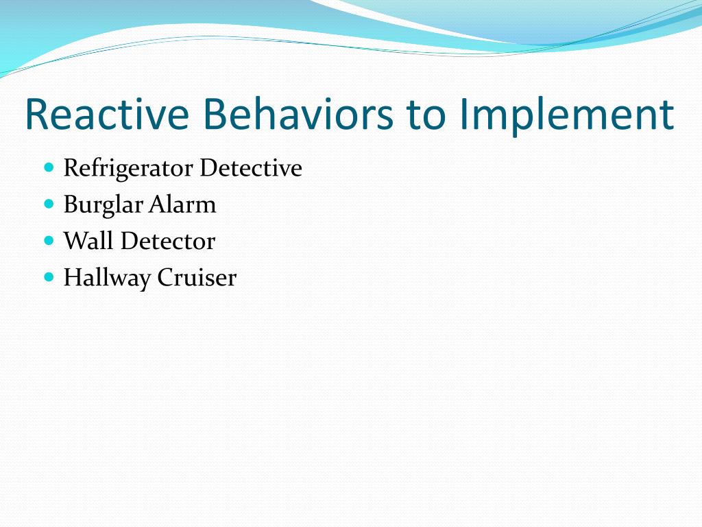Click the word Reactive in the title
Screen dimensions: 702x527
pyautogui.click(x=107, y=114)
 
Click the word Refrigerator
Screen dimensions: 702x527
pyautogui.click(x=128, y=169)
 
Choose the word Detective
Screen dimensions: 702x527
pyautogui.click(x=251, y=168)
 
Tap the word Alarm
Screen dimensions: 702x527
pyautogui.click(x=182, y=204)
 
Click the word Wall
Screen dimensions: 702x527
pyautogui.click(x=88, y=241)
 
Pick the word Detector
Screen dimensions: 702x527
pyautogui.click(x=168, y=241)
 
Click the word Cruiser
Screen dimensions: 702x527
pyautogui.click(x=197, y=277)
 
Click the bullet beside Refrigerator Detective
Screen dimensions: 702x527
pyautogui.click(x=49, y=167)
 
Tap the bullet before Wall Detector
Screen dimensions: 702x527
pyautogui.click(x=49, y=241)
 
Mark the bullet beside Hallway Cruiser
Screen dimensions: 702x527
pyautogui.click(x=49, y=277)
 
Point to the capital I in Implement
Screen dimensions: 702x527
pyautogui.click(x=463, y=114)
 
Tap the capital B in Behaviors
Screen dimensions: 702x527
pyautogui.click(x=215, y=114)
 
